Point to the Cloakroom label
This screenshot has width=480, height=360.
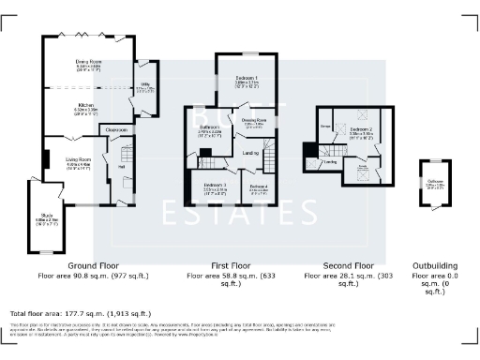pyautogui.click(x=115, y=129)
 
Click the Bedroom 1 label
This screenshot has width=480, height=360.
pyautogui.click(x=247, y=79)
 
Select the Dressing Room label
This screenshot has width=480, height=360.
pyautogui.click(x=254, y=122)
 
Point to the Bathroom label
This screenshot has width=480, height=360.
pyautogui.click(x=208, y=128)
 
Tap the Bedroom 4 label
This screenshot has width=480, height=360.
pyautogui.click(x=259, y=187)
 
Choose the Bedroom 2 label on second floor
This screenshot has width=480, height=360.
pyautogui.click(x=361, y=129)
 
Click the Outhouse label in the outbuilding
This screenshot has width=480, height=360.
pyautogui.click(x=436, y=183)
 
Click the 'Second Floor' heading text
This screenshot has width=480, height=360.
pyautogui.click(x=348, y=265)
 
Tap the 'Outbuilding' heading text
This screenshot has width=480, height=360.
pyautogui.click(x=436, y=265)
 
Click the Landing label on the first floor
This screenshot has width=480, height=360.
pyautogui.click(x=250, y=153)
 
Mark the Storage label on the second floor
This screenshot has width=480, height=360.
pyautogui.click(x=324, y=125)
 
